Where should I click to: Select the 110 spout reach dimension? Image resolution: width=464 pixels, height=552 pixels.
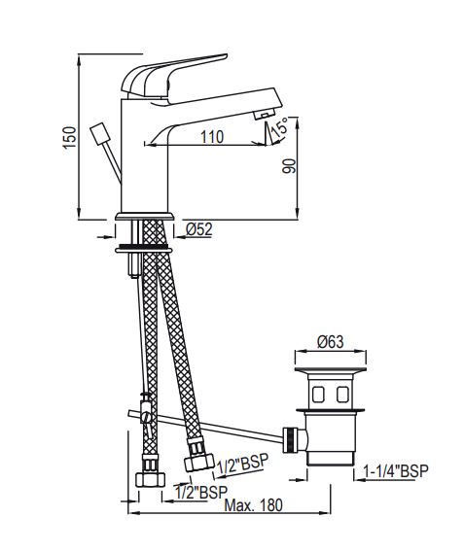click(210, 137)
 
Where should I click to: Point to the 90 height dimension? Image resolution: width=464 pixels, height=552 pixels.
click(287, 167)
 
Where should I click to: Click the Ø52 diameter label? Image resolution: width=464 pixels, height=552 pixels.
click(200, 229)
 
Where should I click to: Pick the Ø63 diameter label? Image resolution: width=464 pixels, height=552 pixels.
click(331, 342)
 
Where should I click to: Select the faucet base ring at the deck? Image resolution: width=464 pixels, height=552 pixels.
click(143, 217)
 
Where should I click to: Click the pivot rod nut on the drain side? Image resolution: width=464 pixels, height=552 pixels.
click(289, 440)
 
